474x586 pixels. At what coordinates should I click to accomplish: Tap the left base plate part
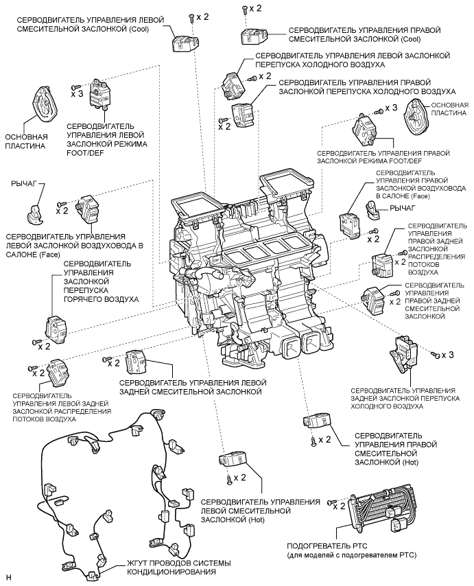point(45,110)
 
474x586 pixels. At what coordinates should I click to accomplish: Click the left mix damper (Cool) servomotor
point(181,43)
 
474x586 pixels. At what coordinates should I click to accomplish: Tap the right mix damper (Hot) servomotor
point(318,421)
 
